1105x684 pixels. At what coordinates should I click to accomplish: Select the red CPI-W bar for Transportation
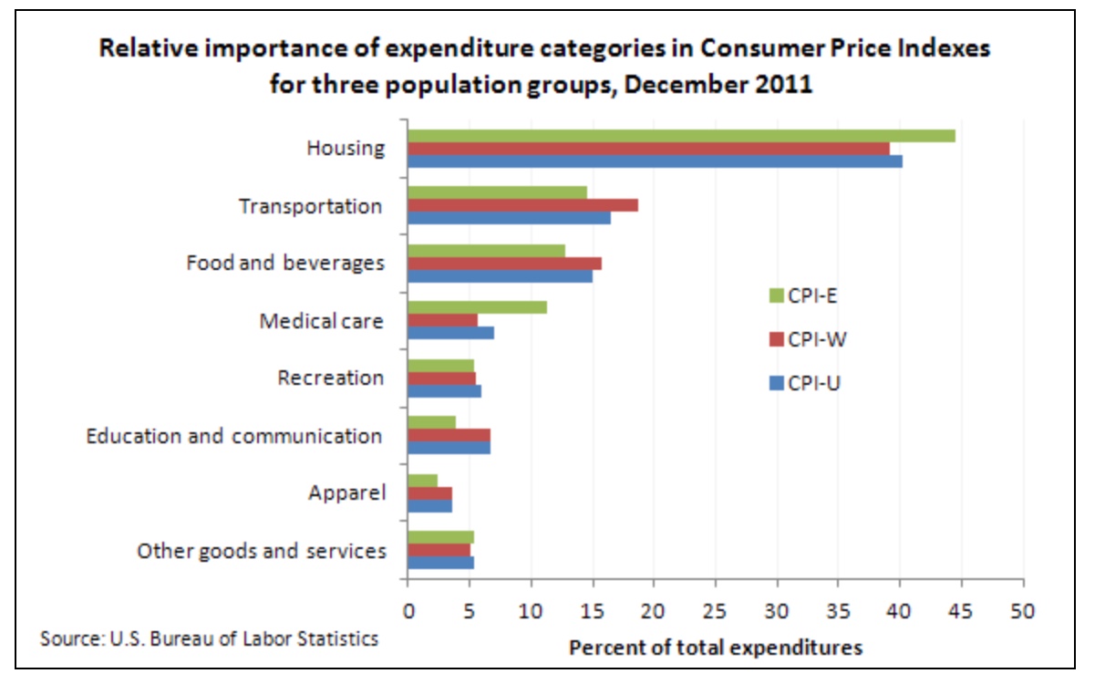pos(522,205)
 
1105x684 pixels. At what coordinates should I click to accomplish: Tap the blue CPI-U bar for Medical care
pos(450,333)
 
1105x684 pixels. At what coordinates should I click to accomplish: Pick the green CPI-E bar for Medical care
pos(477,307)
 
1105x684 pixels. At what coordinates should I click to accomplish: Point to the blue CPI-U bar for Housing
pos(655,161)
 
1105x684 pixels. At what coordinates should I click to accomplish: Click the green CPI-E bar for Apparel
pos(422,481)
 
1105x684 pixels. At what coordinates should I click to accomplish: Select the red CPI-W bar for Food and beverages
pos(504,264)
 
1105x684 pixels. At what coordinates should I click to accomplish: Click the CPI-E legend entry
pos(803,295)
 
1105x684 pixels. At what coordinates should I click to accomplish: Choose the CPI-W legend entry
pos(805,339)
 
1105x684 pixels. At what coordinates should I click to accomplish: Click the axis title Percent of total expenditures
pos(716,648)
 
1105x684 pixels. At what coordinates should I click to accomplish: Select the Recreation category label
pos(331,378)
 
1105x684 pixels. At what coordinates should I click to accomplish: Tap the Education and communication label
pos(234,436)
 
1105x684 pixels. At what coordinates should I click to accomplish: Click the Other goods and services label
pos(261,551)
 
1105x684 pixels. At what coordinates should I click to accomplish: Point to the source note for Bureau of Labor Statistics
pos(209,637)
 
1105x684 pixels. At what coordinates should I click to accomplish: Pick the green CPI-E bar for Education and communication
pos(431,422)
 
